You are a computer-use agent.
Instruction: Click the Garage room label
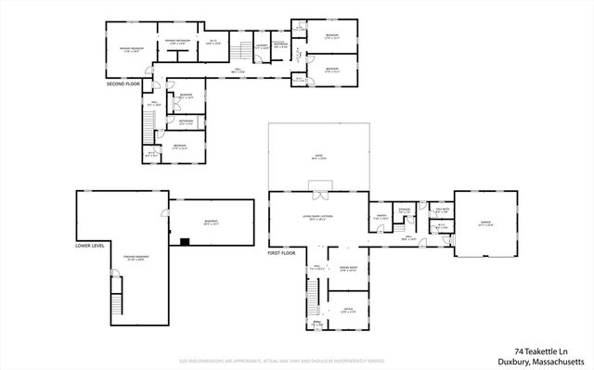(x=485, y=223)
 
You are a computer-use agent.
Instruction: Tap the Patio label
(x=319, y=158)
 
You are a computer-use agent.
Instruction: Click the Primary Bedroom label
(x=130, y=49)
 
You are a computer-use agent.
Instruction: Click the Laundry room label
(x=262, y=45)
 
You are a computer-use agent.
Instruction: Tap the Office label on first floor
(x=348, y=310)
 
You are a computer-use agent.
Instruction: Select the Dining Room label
(x=348, y=270)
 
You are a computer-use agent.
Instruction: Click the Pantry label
(x=379, y=218)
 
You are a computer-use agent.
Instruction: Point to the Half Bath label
(x=442, y=211)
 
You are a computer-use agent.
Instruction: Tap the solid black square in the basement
(x=186, y=243)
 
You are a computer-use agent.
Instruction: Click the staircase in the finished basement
(x=116, y=302)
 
